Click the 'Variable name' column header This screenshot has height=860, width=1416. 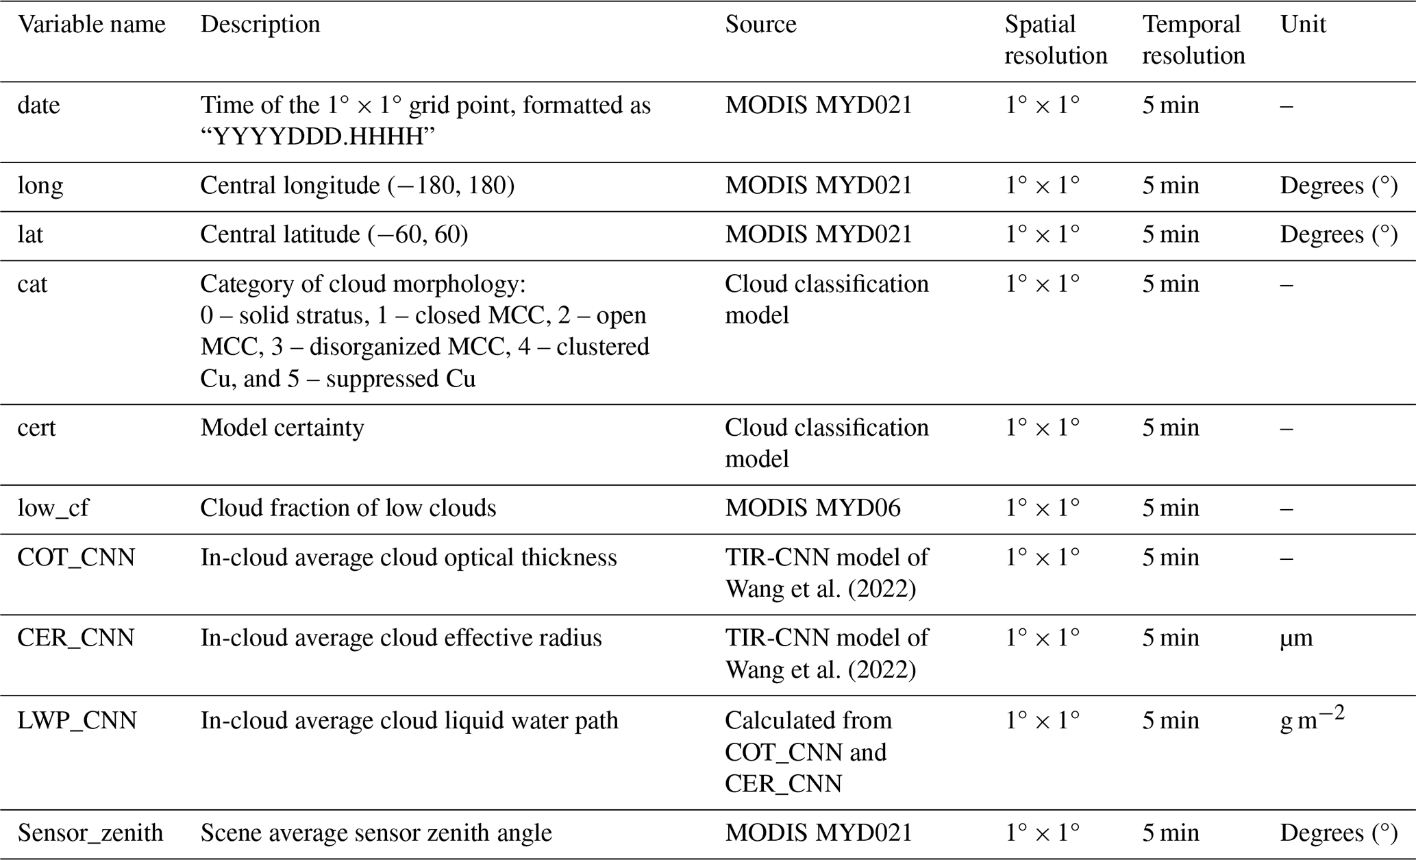point(91,25)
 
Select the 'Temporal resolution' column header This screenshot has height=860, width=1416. point(1193,40)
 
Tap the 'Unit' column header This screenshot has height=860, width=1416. point(1302,25)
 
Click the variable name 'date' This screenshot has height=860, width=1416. point(38,106)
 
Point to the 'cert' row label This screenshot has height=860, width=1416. point(36,428)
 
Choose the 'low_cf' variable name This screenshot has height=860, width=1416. point(53,508)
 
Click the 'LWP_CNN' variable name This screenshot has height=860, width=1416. point(77,721)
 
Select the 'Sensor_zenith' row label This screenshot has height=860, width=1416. point(90,833)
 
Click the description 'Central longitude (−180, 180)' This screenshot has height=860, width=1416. point(357,186)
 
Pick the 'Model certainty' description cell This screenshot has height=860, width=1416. point(282,428)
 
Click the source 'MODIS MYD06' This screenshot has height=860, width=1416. point(812,508)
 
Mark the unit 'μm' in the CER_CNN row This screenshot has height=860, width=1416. point(1296,639)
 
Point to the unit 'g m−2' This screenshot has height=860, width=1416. point(1312,720)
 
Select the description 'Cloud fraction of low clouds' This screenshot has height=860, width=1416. point(348,508)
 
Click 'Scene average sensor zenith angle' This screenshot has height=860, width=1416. point(376,833)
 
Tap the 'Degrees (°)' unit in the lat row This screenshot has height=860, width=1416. point(1339,235)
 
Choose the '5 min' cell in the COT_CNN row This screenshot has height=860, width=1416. point(1170,558)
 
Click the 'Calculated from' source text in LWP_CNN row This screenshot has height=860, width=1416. point(808,721)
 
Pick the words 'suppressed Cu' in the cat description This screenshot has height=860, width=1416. point(401,379)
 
